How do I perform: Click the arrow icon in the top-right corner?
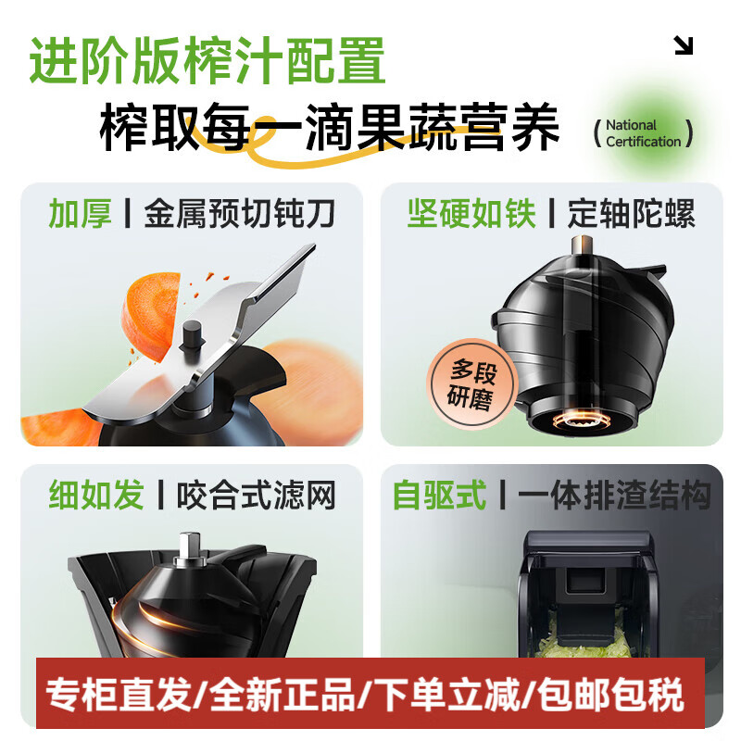pos(684,45)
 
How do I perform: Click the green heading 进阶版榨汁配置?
pos(207,61)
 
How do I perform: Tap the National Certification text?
pos(643,133)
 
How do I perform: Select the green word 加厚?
pos(80,214)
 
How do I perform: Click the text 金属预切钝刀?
pos(239,214)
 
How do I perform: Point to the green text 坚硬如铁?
pos(471,214)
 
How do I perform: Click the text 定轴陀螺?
pos(632,214)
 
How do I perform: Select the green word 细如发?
pos(96,495)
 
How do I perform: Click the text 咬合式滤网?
pos(256,495)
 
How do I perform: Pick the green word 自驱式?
pos(439,495)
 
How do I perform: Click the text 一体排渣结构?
pos(614,495)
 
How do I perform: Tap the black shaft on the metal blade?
pos(194,337)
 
